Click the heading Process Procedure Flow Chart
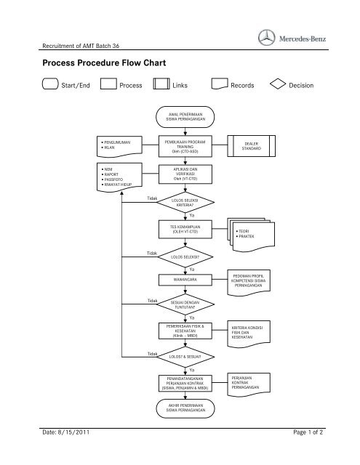(x=105, y=63)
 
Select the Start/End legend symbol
(x=49, y=85)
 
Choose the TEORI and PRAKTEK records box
(x=251, y=234)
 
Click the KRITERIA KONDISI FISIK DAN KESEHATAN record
(x=251, y=332)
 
